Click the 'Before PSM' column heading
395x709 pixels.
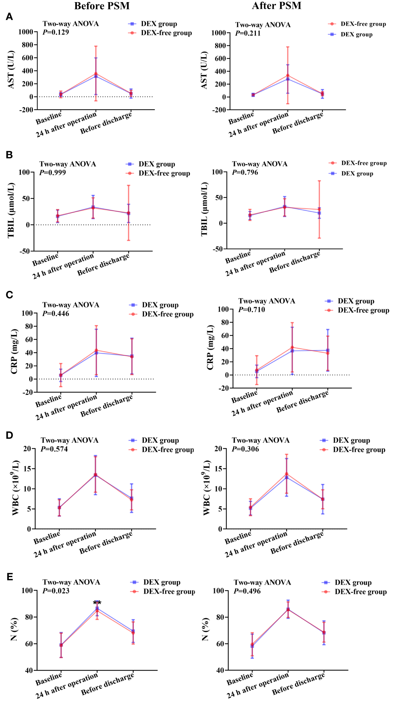102,6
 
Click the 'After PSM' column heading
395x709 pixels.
276,6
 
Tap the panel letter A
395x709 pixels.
10,17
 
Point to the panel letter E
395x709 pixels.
10,577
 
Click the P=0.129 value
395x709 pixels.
56,32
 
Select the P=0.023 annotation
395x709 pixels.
56,591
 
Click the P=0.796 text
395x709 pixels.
245,173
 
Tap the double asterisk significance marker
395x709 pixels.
97,603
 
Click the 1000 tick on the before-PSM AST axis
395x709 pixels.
25,32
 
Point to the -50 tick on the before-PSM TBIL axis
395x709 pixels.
24,251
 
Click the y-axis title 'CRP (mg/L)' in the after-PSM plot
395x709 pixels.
210,347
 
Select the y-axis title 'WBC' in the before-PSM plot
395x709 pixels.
16,488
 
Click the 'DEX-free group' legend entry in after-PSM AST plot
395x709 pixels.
363,24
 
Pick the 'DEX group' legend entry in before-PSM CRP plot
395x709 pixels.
160,305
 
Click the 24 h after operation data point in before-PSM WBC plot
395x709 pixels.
95,475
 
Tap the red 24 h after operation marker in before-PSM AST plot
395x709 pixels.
96,74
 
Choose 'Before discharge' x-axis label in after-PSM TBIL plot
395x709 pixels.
295,262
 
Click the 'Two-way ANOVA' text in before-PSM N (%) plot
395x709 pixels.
71,582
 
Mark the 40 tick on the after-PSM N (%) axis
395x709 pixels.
220,670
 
